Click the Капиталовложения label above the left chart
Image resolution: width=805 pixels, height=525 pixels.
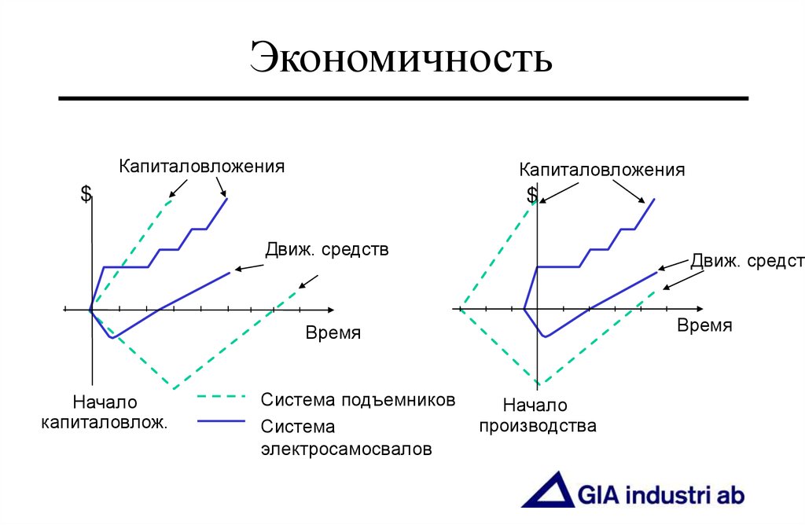tap(201, 167)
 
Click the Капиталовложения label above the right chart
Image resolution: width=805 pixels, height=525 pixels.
tap(601, 170)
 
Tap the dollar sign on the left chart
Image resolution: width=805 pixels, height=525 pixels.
tap(86, 194)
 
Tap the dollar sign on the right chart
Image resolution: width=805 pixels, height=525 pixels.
tap(532, 194)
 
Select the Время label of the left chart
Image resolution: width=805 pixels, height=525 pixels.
tap(333, 332)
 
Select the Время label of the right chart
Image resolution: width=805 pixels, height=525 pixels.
tap(704, 325)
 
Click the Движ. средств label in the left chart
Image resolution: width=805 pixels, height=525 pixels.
tap(327, 251)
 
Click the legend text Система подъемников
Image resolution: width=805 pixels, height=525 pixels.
tap(358, 399)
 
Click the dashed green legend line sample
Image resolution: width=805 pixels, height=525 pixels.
tap(221, 397)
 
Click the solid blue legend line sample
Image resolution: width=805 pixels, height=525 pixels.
tap(221, 422)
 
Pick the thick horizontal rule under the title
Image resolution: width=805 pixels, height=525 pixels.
tap(403, 98)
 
